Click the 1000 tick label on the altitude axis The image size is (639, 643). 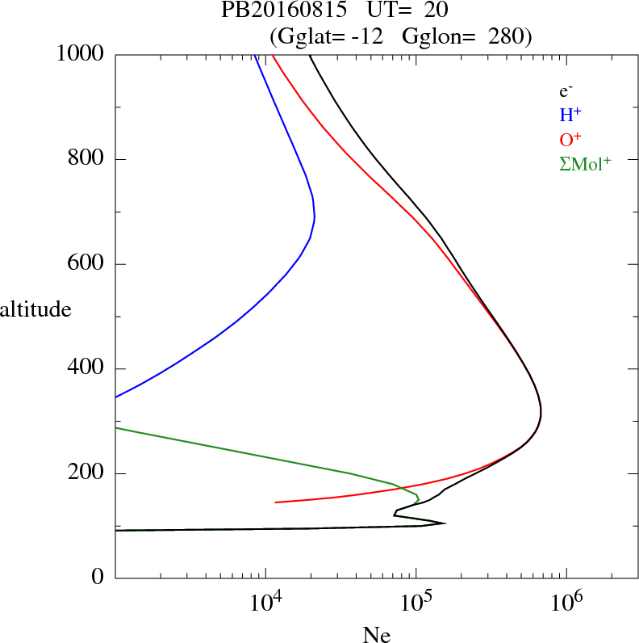(81, 54)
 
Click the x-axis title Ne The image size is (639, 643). (376, 635)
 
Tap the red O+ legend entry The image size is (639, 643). (571, 139)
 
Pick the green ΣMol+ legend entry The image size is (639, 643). (585, 163)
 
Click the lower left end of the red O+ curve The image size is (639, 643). (276, 502)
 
